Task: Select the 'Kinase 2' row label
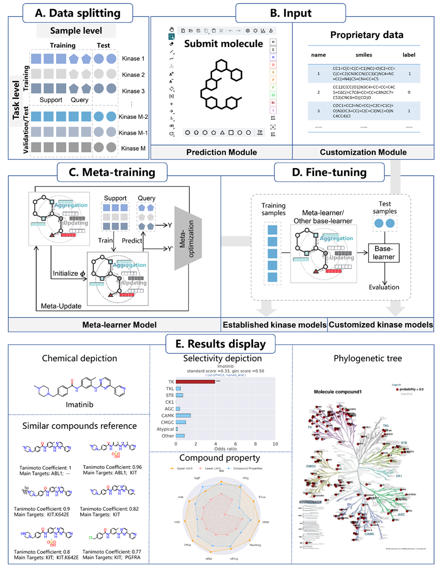[x=133, y=75]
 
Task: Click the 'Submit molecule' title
[x=224, y=44]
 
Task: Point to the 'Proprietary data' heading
[x=367, y=35]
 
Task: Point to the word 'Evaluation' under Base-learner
[x=384, y=287]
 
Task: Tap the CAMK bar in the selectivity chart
[x=183, y=415]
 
